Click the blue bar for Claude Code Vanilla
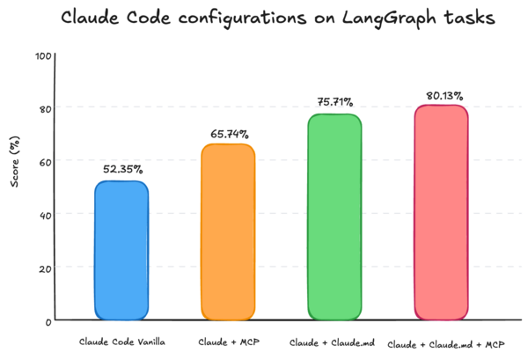coord(121,250)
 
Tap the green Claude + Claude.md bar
coord(334,216)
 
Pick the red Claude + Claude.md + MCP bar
coord(441,211)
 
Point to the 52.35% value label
coord(121,169)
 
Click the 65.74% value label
coord(229,134)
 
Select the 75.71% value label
coord(334,103)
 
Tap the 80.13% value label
coord(442,95)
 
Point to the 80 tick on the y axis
coord(45,108)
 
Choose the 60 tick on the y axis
coord(45,161)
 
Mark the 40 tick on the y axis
coord(45,214)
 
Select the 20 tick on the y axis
coord(45,268)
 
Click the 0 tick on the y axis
coord(48,321)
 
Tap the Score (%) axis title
coord(15,187)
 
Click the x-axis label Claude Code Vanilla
coord(121,341)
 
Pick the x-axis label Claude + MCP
coord(228,341)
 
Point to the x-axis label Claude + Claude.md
coord(334,341)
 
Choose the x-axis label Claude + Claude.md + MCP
coord(445,342)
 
